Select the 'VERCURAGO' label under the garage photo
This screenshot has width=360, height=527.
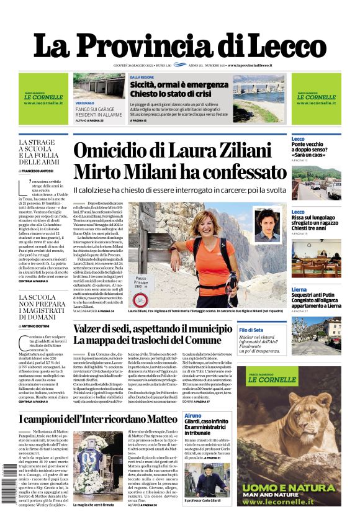[85, 102]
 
